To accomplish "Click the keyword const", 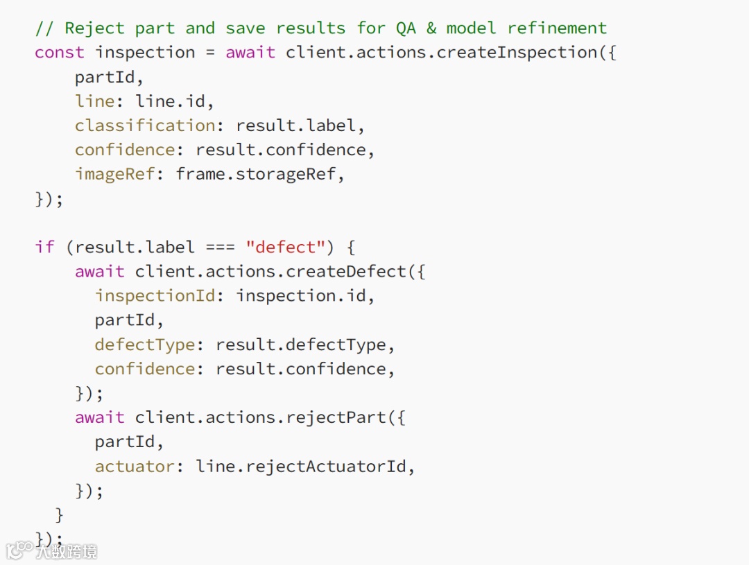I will click(60, 53).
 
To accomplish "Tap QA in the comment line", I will click(406, 28).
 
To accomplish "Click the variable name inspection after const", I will click(145, 53).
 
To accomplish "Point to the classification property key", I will click(145, 125).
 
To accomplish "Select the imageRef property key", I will click(115, 174).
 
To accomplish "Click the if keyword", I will click(44, 247).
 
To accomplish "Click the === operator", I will click(221, 247).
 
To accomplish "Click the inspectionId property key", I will click(155, 296).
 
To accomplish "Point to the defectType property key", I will click(145, 345).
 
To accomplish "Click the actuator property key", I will click(135, 467).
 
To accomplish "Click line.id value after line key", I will click(171, 101).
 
